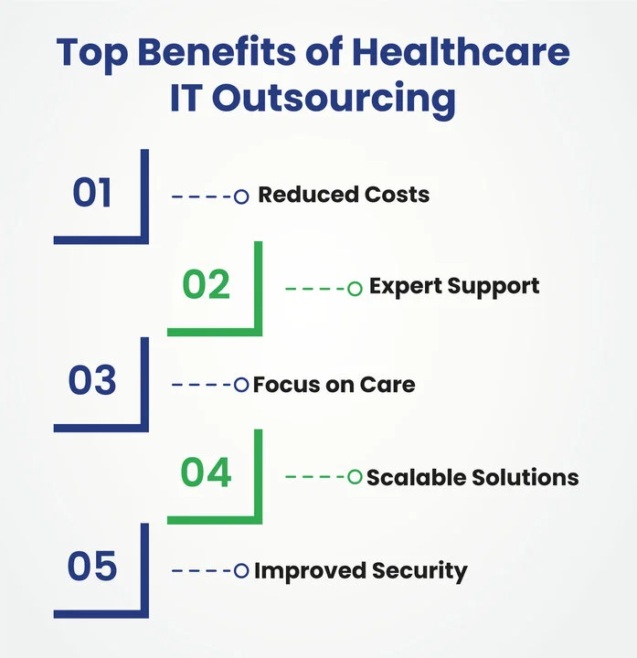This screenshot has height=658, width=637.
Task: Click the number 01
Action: [92, 194]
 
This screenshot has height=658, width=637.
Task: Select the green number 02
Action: [206, 286]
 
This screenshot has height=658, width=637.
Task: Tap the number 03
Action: [92, 381]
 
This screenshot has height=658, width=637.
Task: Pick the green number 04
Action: [206, 474]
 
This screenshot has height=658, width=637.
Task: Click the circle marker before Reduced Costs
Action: [241, 196]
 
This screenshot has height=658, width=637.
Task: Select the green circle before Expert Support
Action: [355, 289]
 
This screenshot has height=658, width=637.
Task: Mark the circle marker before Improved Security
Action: [241, 571]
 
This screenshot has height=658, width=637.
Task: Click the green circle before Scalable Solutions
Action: [355, 476]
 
